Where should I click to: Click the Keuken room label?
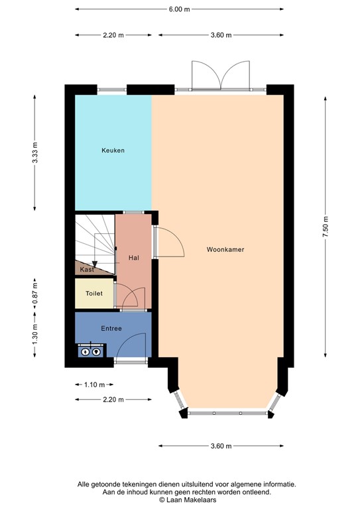[113, 150]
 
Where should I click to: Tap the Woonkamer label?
[225, 250]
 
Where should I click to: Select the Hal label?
[133, 257]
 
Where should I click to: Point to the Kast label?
[87, 270]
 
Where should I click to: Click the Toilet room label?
[93, 293]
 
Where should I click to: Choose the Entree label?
[111, 328]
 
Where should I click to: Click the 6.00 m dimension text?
[179, 9]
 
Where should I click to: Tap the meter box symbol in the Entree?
[90, 351]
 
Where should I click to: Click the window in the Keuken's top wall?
[112, 89]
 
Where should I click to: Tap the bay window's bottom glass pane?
[225, 413]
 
